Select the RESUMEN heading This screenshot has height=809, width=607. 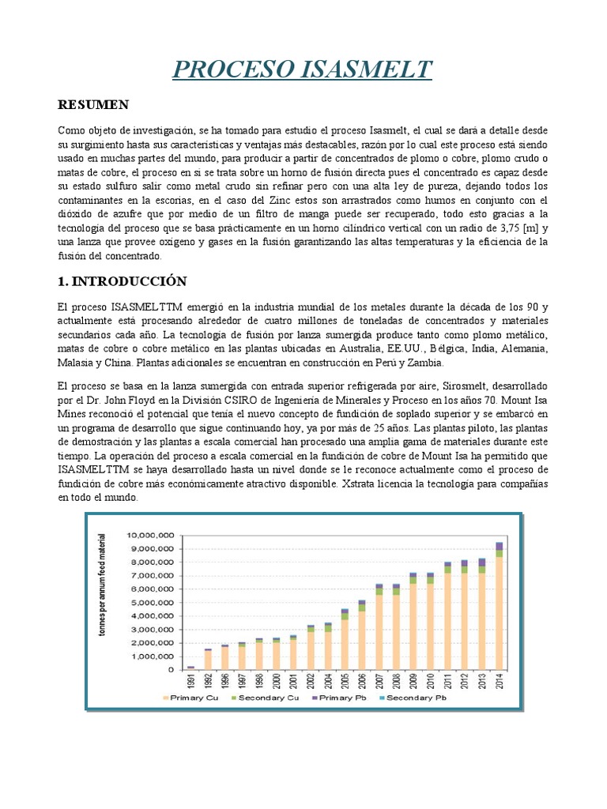pos(94,105)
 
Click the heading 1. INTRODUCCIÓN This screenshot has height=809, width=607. pos(123,280)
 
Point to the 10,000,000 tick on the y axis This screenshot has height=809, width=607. pos(150,535)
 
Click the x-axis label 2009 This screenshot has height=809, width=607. pos(413,681)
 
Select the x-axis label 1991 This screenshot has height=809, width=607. pos(190,681)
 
